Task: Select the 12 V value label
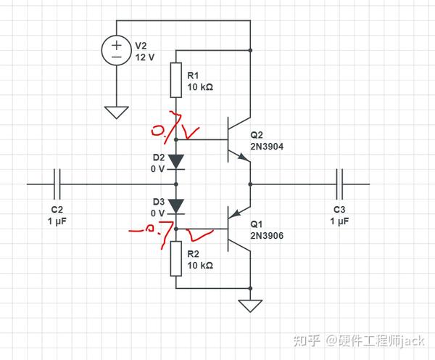[x=145, y=57]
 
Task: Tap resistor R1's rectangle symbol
[x=175, y=80]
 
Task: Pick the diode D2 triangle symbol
[x=176, y=160]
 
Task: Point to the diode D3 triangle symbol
[x=176, y=205]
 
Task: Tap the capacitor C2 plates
[x=59, y=184]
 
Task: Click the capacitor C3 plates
[x=339, y=184]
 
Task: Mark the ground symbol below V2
[x=116, y=112]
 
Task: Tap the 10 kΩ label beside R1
[x=200, y=87]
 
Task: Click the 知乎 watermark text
[x=307, y=339]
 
